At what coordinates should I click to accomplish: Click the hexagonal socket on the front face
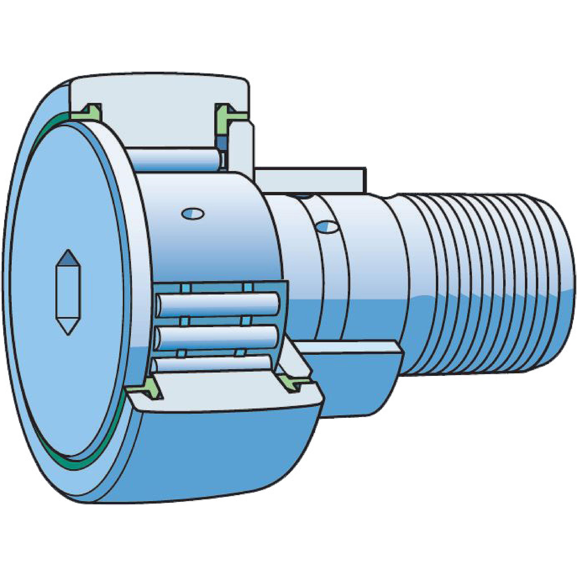68,293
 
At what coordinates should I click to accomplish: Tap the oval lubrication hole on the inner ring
193,213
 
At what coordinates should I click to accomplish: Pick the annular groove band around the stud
332,269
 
